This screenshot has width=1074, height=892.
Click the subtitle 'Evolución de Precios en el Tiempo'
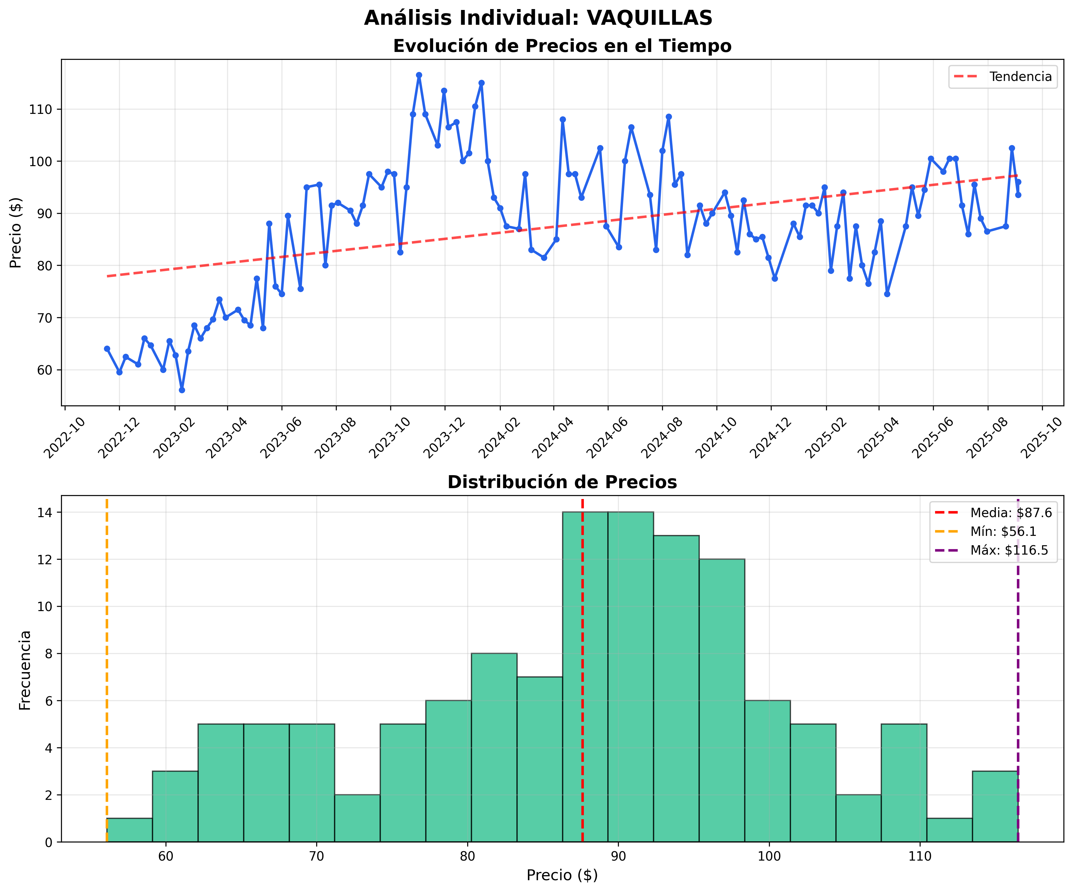pyautogui.click(x=562, y=46)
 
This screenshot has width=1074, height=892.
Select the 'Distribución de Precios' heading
pyautogui.click(x=562, y=482)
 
